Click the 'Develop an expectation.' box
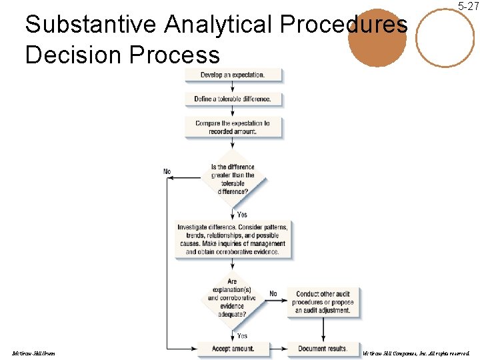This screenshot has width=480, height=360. point(233,75)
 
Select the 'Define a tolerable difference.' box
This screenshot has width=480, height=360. point(233,99)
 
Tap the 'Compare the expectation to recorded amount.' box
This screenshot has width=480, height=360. point(233,127)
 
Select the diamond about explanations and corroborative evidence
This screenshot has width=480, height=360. point(233,297)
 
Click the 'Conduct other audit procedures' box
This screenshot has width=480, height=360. point(323,302)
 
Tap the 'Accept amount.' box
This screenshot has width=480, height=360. point(233,348)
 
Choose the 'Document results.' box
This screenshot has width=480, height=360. point(323,348)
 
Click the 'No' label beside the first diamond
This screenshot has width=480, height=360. point(167,171)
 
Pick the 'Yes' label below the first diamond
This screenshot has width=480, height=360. point(241,214)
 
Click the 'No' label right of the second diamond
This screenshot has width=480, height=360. point(273,293)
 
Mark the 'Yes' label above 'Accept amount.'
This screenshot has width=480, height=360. point(241,335)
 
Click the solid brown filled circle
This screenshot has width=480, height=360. point(377,38)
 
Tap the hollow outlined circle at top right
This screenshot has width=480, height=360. point(445,37)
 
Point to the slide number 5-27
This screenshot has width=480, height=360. point(467,6)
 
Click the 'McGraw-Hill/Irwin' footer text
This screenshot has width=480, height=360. point(33,353)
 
